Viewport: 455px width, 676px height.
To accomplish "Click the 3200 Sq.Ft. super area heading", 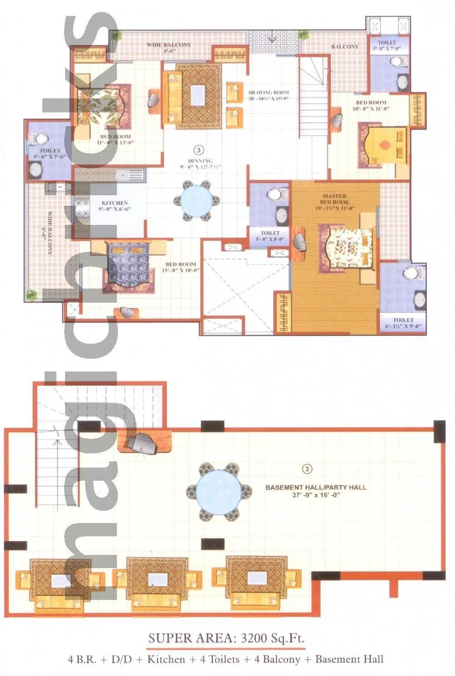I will (x=226, y=638).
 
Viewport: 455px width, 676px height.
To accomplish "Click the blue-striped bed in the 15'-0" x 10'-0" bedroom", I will (x=129, y=269).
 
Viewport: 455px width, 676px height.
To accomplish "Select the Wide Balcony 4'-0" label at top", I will (x=169, y=47).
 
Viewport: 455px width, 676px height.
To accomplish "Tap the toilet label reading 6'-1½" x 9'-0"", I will (x=403, y=323).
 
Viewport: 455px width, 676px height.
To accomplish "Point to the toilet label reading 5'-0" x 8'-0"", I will (x=270, y=236).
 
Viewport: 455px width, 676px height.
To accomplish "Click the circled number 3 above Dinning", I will (x=197, y=149).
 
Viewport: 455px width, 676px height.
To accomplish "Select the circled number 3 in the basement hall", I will (x=307, y=468).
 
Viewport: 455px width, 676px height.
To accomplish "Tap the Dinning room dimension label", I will (x=200, y=164).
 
